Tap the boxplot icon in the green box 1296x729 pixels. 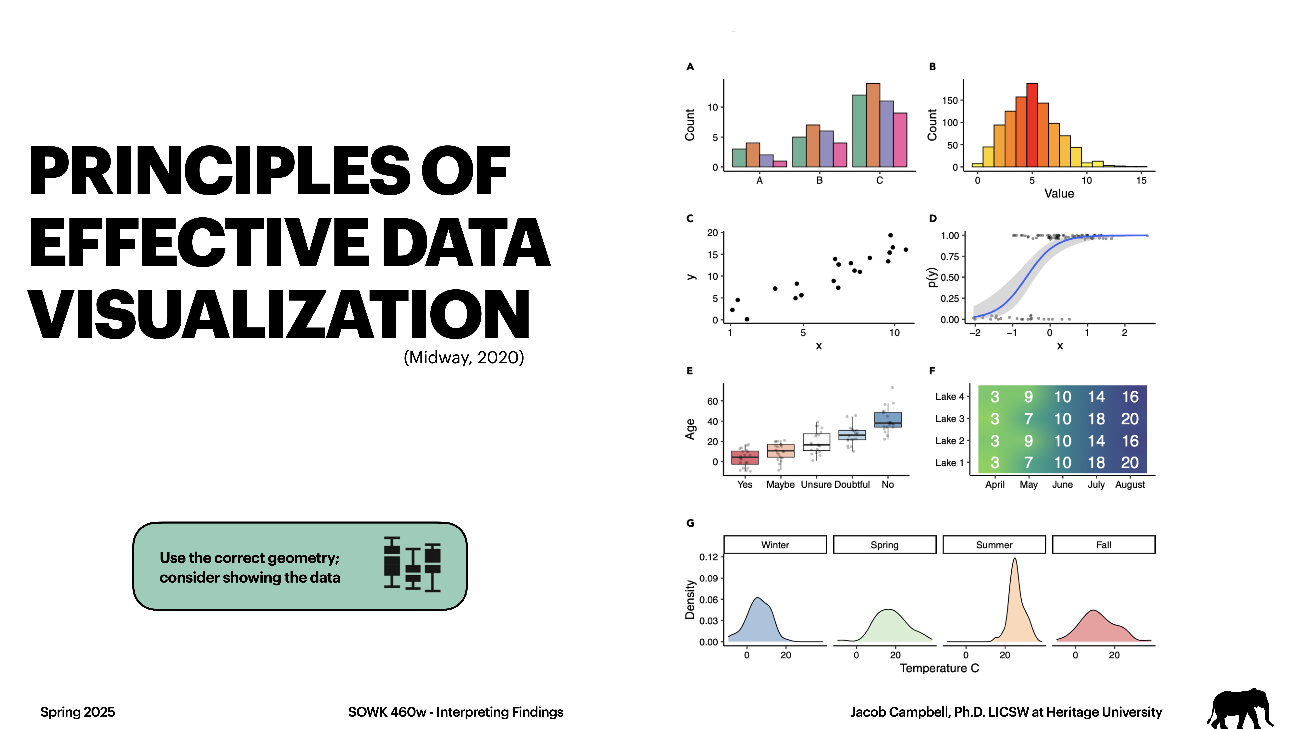(x=412, y=564)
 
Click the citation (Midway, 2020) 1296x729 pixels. (x=463, y=358)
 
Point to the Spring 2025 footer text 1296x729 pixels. (x=77, y=712)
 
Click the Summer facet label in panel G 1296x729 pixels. (x=994, y=545)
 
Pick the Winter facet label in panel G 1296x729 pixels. (x=775, y=545)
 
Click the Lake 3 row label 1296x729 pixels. (x=949, y=419)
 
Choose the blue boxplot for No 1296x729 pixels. (x=887, y=420)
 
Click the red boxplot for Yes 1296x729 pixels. (x=745, y=457)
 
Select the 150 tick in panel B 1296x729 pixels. (x=950, y=101)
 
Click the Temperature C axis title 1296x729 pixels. (x=939, y=668)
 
